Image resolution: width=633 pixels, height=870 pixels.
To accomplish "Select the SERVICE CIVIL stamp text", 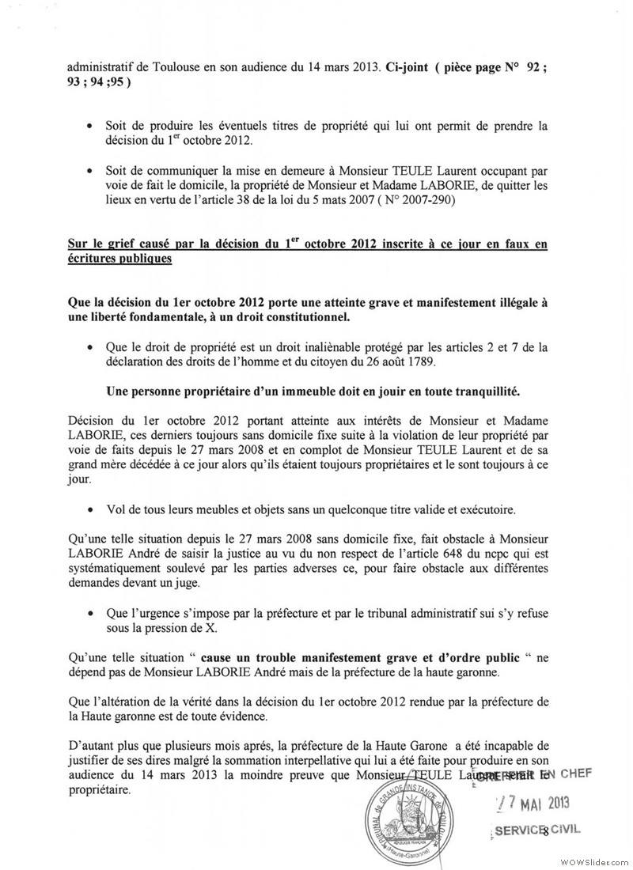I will click(x=537, y=830).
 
